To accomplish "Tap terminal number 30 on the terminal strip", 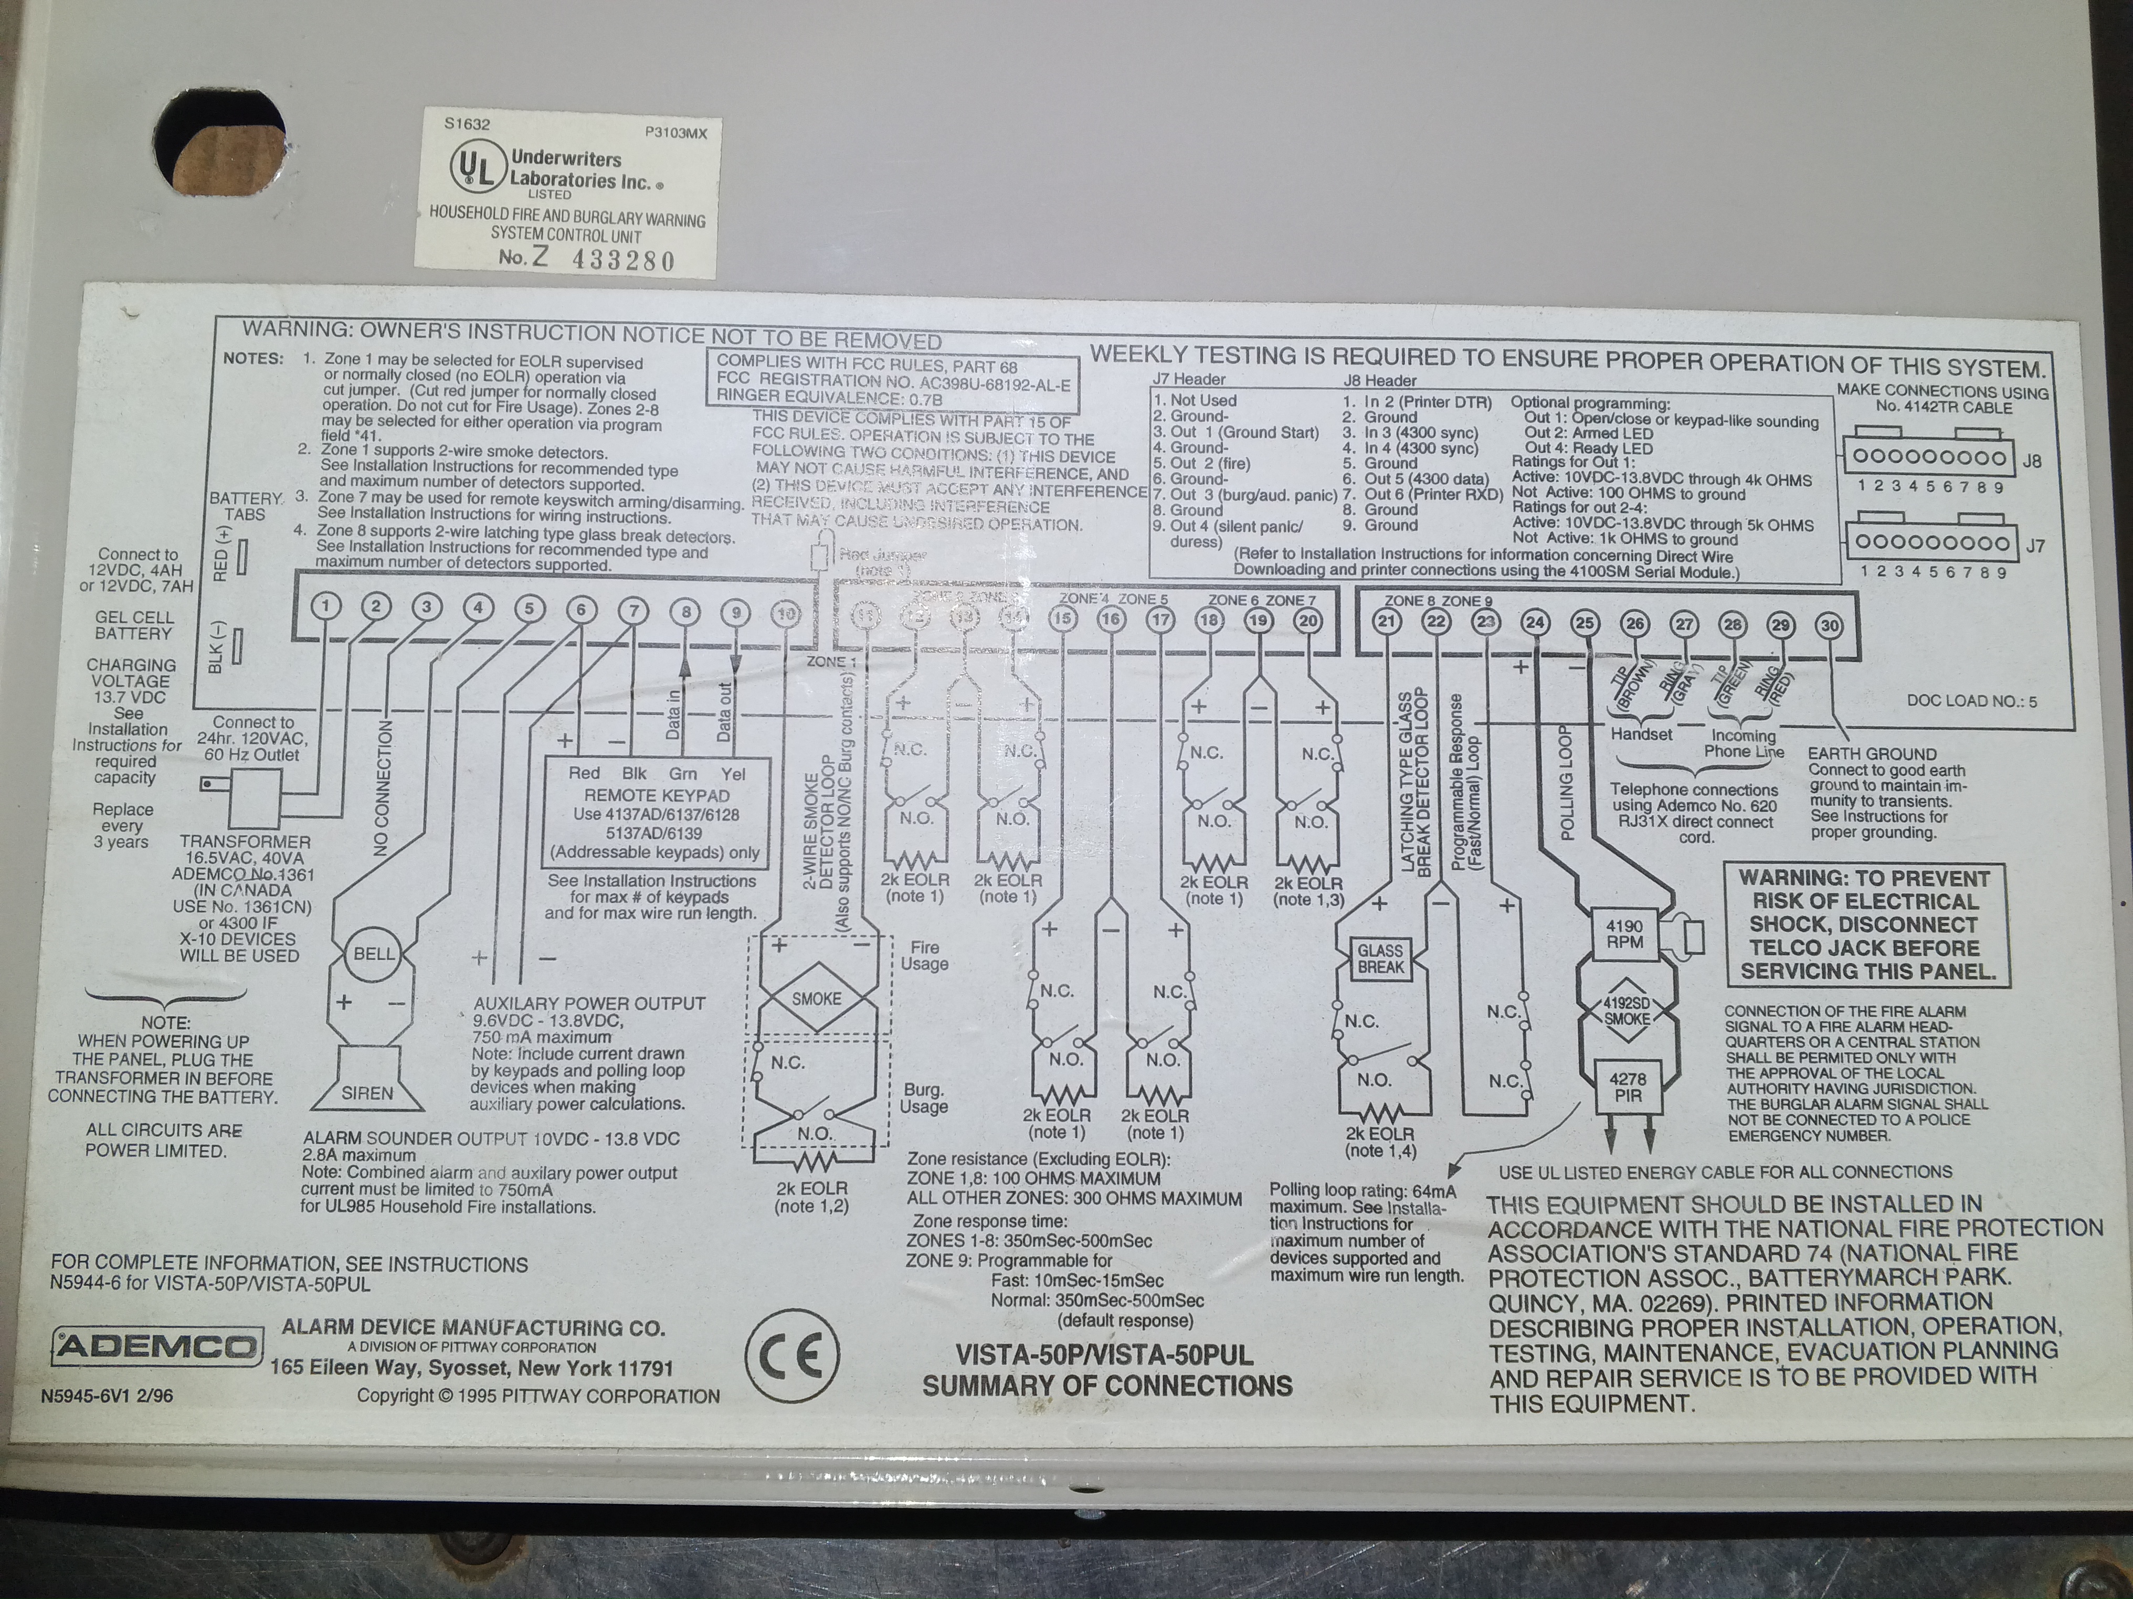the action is pos(1829,625).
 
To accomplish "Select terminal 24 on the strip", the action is pos(1534,623).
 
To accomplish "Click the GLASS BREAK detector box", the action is pos(1380,958).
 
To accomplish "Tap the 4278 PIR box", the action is pos(1628,1087).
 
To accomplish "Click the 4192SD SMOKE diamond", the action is pos(1627,1010).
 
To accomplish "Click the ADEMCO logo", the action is pos(157,1346).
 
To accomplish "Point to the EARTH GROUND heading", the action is pos(1872,754).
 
